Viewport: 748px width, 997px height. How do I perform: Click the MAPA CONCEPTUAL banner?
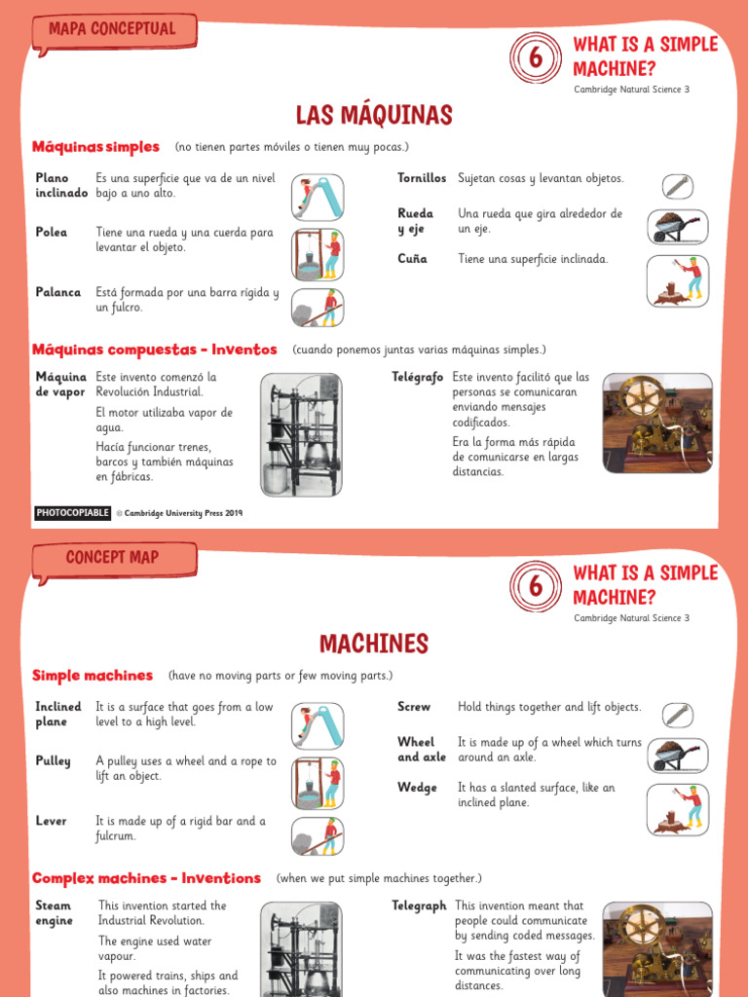tap(112, 30)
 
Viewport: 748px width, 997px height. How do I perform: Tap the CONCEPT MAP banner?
tap(112, 558)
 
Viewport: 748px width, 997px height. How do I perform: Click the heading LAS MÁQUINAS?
tap(374, 116)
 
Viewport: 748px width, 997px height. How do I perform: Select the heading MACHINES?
tap(374, 644)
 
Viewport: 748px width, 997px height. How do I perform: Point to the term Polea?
tap(52, 233)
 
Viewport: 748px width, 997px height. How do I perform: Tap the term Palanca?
tap(58, 292)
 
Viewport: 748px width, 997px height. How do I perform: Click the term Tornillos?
tap(422, 178)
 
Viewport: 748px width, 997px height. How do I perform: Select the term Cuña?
tap(412, 259)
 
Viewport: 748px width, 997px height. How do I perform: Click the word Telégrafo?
tap(418, 377)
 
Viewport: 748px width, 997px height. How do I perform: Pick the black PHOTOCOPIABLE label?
tap(73, 513)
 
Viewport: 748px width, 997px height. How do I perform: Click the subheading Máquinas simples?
tap(95, 147)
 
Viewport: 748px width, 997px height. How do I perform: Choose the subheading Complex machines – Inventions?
tap(146, 878)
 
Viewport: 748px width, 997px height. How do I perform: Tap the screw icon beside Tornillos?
tap(678, 186)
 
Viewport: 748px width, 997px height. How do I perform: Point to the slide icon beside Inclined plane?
tap(318, 725)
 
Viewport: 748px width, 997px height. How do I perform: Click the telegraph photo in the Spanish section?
tap(656, 424)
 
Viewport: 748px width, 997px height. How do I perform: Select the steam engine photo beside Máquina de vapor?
tap(301, 434)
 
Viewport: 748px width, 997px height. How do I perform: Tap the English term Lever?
tap(51, 821)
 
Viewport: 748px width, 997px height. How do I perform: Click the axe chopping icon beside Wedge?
tap(678, 809)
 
